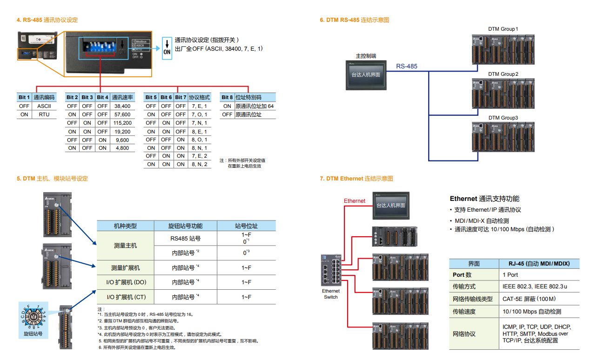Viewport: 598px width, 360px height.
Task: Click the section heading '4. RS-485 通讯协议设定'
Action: click(x=47, y=20)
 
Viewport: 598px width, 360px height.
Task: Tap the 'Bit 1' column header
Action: click(x=24, y=97)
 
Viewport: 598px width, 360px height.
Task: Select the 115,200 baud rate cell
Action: click(x=122, y=123)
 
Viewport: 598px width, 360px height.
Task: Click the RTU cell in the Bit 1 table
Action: click(x=44, y=114)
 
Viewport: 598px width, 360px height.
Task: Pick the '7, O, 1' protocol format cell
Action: click(x=199, y=114)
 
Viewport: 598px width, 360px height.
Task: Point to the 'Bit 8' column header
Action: click(x=227, y=97)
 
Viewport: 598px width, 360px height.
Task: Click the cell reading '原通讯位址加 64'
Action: click(x=254, y=106)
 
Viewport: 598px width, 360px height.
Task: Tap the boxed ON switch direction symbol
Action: click(x=167, y=48)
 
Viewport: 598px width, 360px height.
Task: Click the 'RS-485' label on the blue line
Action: click(x=407, y=67)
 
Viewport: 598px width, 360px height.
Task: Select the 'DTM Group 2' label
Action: click(x=503, y=74)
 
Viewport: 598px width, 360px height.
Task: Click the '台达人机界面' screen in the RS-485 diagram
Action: click(x=366, y=75)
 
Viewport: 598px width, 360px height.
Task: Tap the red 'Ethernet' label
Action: click(x=355, y=201)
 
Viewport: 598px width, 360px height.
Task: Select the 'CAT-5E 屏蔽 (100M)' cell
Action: click(x=529, y=299)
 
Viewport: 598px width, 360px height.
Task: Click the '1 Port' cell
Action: click(x=511, y=275)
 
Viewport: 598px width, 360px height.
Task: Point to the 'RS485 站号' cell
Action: click(x=185, y=239)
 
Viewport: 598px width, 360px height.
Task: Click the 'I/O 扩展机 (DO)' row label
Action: click(x=125, y=282)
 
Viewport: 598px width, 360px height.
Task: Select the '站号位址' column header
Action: click(x=246, y=226)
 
